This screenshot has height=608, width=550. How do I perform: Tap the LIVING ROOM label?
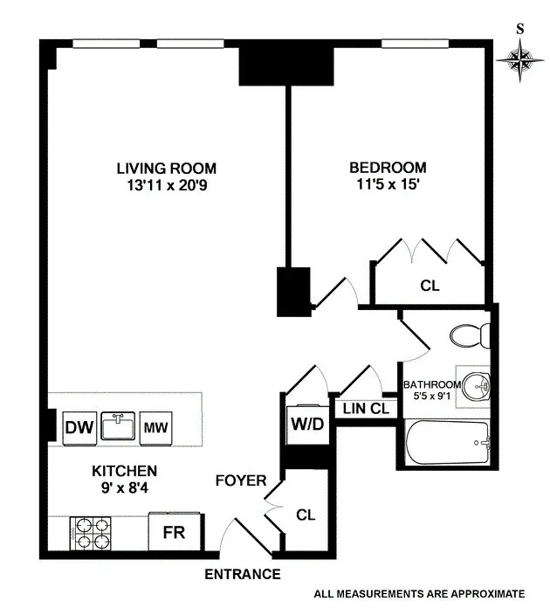[x=167, y=169]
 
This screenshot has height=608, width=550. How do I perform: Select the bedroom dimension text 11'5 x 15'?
[x=388, y=185]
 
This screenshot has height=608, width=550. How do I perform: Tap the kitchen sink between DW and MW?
[x=118, y=428]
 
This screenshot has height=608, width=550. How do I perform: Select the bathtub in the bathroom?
[x=449, y=445]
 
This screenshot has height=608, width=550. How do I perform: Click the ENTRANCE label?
[x=243, y=574]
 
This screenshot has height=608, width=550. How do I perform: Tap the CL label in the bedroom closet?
[x=430, y=285]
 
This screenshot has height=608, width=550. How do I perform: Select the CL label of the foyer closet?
[x=305, y=515]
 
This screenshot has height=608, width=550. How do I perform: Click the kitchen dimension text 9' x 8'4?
[x=124, y=488]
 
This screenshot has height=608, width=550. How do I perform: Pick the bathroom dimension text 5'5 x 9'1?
[x=430, y=397]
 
